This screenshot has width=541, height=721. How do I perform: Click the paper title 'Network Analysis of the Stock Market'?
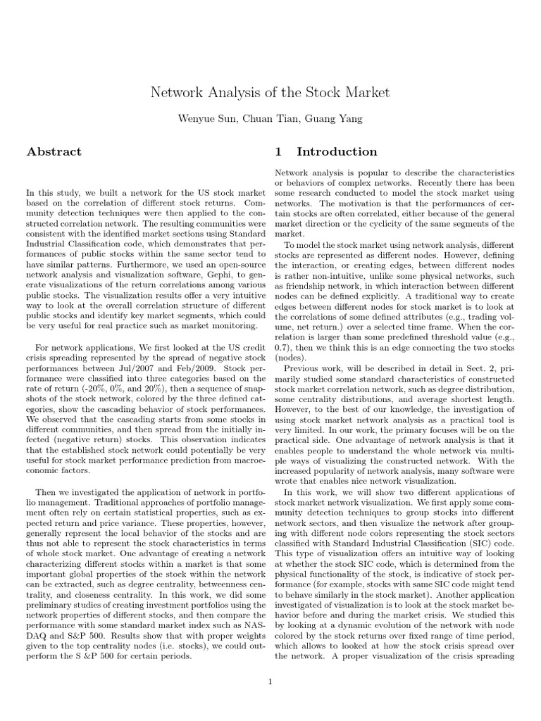click(270, 93)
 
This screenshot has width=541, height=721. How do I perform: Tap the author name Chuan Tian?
click(264, 119)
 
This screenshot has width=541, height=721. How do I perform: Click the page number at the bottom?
click(270, 681)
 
